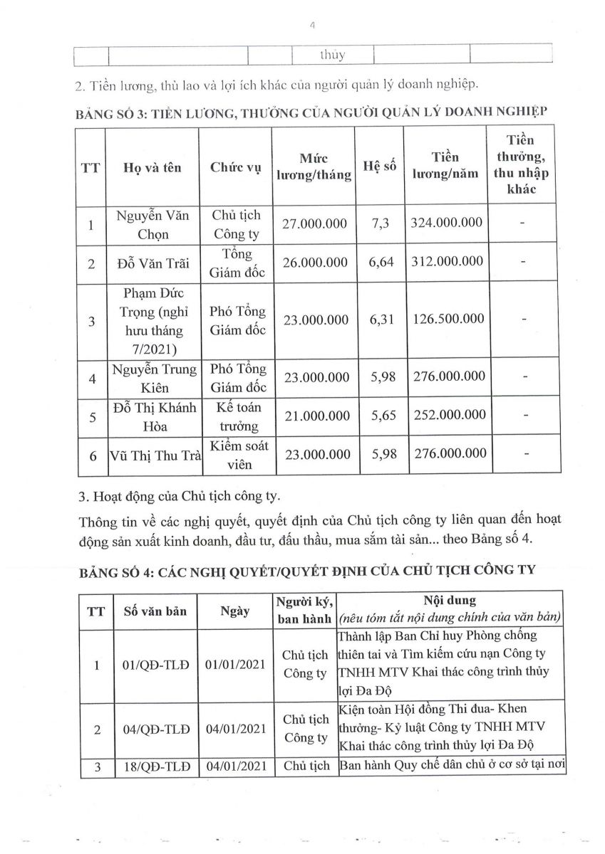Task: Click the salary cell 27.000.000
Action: tap(315, 224)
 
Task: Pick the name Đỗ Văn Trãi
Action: tap(153, 263)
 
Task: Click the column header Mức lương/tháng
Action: tap(314, 166)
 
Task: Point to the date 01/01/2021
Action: tap(234, 665)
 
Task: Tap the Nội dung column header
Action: tap(450, 600)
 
